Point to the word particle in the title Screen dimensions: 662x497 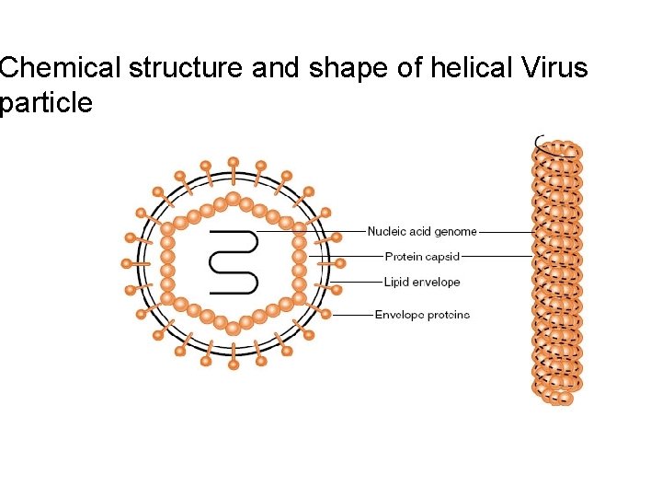pos(46,102)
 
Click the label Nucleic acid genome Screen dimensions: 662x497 pos(422,232)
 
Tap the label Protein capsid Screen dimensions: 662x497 pos(422,256)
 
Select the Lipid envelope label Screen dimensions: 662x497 pos(422,282)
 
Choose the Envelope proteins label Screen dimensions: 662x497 pos(422,315)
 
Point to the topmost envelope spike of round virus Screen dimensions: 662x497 pos(234,163)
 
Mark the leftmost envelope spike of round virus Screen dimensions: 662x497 pos(127,263)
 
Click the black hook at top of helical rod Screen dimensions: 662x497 pos(539,142)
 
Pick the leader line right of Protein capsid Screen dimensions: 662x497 pos(496,256)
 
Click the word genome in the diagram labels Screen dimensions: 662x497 pos(457,232)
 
